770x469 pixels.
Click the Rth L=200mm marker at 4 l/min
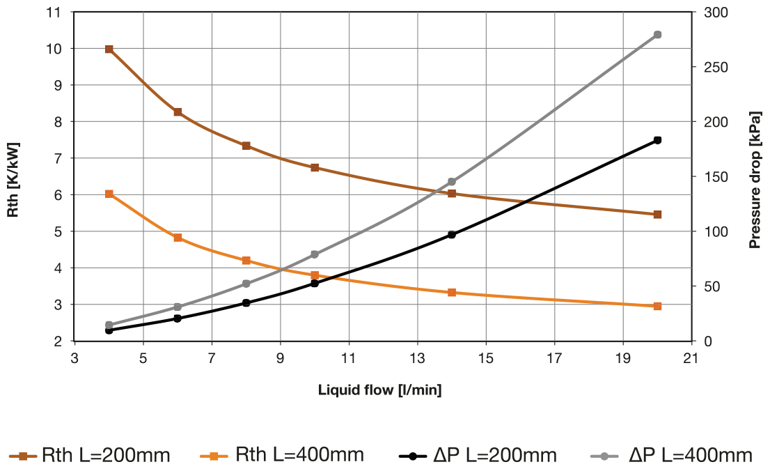pos(109,49)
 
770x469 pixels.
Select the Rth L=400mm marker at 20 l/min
pos(657,306)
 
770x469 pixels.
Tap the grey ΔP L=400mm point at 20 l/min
pos(657,35)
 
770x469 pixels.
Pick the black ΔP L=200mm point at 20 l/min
pos(657,140)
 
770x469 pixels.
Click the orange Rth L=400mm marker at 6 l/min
pos(178,238)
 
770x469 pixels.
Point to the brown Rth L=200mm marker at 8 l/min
pos(246,146)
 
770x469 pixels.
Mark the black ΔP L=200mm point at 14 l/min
pos(452,235)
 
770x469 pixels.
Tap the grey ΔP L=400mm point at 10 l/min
pos(315,254)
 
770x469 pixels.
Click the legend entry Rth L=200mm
pos(90,456)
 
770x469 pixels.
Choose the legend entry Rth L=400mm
pos(281,456)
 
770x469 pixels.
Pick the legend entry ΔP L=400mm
pos(672,456)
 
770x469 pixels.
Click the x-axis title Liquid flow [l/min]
pos(379,390)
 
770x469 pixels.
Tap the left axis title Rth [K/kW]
pos(13,179)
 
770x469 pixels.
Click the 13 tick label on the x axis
pos(417,357)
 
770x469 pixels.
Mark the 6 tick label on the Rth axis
pos(56,195)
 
